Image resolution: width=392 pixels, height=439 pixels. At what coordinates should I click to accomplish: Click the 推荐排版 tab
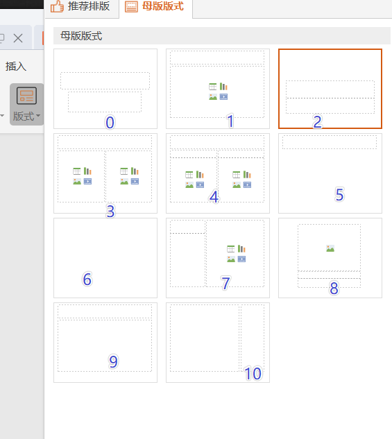pyautogui.click(x=82, y=7)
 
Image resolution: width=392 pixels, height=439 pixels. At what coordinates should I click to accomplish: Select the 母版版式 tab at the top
pyautogui.click(x=155, y=7)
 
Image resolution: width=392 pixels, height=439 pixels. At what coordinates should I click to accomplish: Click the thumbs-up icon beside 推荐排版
pyautogui.click(x=57, y=6)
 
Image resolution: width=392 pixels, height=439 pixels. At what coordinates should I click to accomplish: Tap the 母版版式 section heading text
pyautogui.click(x=81, y=36)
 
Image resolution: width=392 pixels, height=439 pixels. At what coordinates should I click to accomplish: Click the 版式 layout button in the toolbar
pyautogui.click(x=26, y=104)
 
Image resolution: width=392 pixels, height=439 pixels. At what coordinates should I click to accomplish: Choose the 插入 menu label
pyautogui.click(x=16, y=67)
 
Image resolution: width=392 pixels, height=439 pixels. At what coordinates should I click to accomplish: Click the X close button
pyautogui.click(x=18, y=38)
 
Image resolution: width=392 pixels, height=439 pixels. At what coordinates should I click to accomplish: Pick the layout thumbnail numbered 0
pyautogui.click(x=105, y=89)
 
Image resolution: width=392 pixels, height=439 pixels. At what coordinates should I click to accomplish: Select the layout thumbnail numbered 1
pyautogui.click(x=218, y=89)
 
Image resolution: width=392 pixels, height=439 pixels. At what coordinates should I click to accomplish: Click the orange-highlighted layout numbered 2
pyautogui.click(x=330, y=89)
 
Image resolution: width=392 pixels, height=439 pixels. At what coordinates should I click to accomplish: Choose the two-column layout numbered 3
pyautogui.click(x=105, y=173)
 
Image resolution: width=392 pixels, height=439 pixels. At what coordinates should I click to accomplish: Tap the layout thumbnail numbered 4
pyautogui.click(x=218, y=173)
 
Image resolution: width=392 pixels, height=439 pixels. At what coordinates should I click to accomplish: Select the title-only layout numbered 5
pyautogui.click(x=330, y=173)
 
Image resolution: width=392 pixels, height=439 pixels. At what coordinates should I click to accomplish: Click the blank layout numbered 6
pyautogui.click(x=105, y=258)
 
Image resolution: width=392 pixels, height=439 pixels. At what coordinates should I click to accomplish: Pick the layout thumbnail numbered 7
pyautogui.click(x=218, y=258)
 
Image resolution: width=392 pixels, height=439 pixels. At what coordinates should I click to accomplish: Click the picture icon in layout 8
pyautogui.click(x=330, y=248)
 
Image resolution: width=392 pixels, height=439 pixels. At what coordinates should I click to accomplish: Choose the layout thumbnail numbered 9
pyautogui.click(x=105, y=343)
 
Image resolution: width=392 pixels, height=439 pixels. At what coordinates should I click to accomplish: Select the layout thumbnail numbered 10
pyautogui.click(x=218, y=343)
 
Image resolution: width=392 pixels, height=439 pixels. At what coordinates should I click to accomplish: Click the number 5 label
pyautogui.click(x=339, y=195)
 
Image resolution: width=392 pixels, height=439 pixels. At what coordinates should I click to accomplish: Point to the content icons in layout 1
pyautogui.click(x=218, y=92)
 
